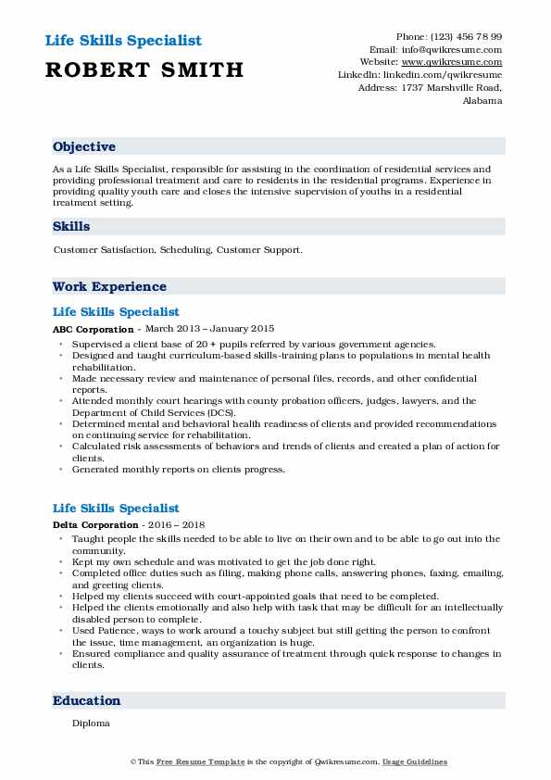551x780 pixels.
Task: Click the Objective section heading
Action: (x=84, y=146)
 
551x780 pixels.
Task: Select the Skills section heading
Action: (x=71, y=226)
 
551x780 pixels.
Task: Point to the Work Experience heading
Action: (x=109, y=286)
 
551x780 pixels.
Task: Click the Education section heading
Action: (x=87, y=700)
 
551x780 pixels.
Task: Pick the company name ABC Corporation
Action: (x=94, y=329)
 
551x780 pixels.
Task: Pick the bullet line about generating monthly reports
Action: (x=178, y=469)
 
